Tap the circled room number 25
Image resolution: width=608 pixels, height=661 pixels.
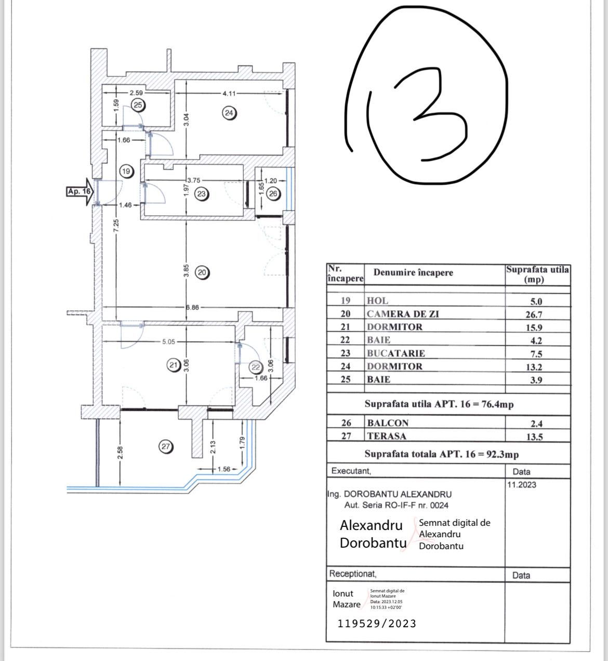point(138,105)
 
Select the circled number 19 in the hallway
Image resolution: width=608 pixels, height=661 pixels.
point(126,171)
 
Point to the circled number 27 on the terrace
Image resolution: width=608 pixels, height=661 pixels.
point(166,446)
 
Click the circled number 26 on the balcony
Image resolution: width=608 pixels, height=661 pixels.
point(273,194)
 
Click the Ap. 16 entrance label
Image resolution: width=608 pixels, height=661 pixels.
point(79,191)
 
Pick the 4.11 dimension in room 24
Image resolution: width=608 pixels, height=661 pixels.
point(229,94)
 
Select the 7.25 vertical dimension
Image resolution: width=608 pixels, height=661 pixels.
point(116,225)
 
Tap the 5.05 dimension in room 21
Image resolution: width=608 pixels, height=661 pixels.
point(169,342)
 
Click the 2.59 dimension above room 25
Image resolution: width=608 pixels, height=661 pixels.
point(136,93)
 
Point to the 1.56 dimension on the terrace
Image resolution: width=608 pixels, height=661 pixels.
point(223,469)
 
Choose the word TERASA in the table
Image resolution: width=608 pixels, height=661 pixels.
point(387,436)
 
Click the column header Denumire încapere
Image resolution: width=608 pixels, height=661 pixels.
point(413,273)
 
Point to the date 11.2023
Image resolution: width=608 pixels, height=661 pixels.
point(521,485)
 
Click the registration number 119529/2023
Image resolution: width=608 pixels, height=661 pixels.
point(377,624)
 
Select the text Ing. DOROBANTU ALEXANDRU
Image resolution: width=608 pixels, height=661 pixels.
point(390,494)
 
